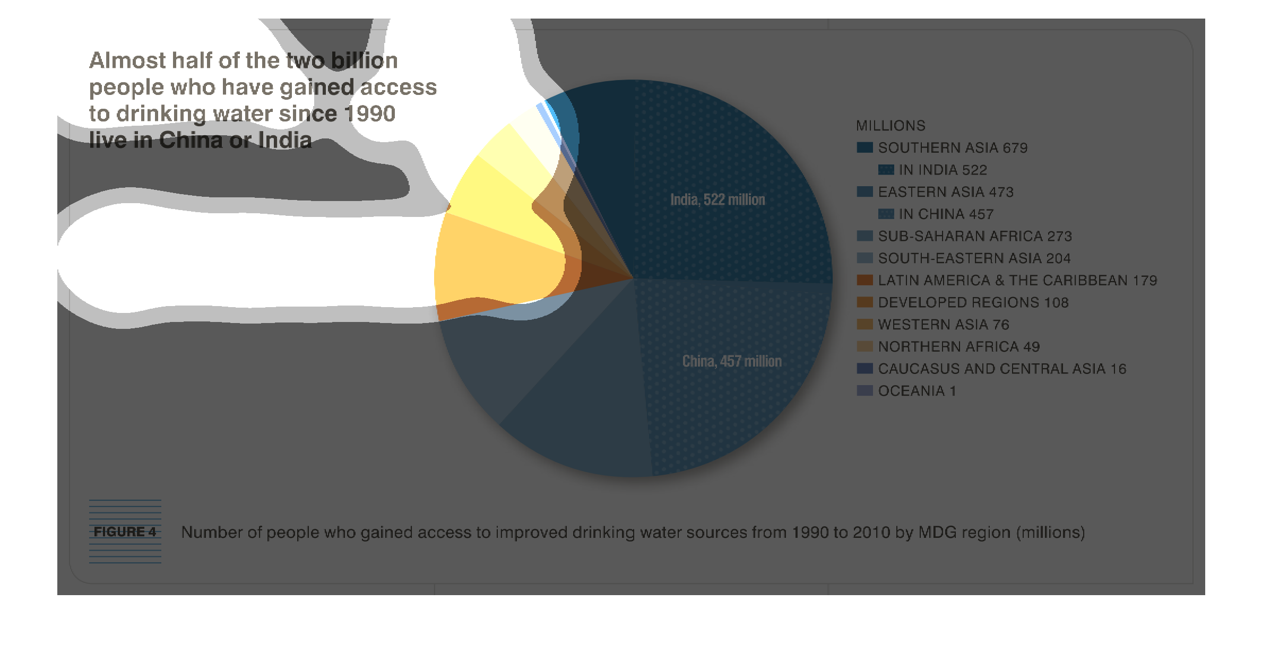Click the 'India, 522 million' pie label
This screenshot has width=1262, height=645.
(x=718, y=199)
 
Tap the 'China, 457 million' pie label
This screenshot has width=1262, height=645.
(x=732, y=361)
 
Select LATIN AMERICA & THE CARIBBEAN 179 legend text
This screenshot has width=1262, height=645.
(x=1017, y=280)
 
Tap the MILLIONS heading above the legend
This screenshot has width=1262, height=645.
(x=891, y=126)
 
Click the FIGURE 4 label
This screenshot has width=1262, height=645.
(x=125, y=531)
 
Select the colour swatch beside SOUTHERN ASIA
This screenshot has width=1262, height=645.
(x=865, y=147)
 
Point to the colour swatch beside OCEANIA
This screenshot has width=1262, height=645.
(x=865, y=391)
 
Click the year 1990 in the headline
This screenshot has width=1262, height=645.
(x=369, y=114)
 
